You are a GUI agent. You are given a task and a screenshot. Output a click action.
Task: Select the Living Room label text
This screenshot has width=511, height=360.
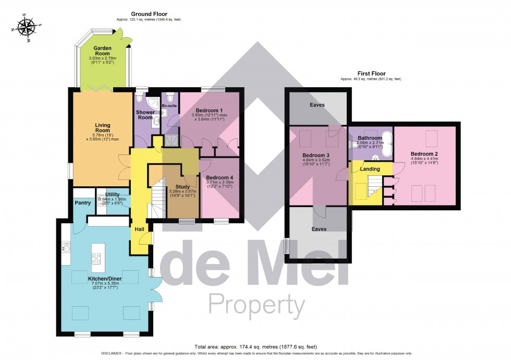click(x=103, y=128)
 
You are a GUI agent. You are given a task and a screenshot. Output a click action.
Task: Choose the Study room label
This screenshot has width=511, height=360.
click(x=182, y=186)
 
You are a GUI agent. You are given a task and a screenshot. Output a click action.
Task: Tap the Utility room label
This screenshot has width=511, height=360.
click(x=113, y=195)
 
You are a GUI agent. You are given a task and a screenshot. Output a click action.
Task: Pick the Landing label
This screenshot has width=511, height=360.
click(x=369, y=169)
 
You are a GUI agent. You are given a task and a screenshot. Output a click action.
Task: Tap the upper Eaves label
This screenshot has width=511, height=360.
click(x=317, y=105)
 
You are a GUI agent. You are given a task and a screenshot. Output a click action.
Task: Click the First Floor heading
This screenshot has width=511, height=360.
click(x=371, y=74)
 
